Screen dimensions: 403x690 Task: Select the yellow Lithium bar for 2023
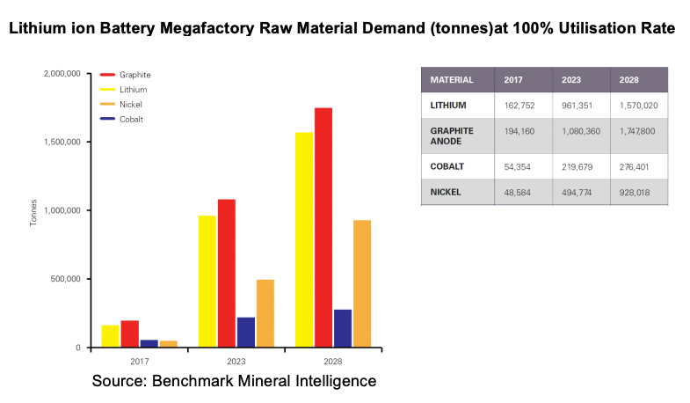coord(207,281)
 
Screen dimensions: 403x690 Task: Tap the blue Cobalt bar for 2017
coord(149,343)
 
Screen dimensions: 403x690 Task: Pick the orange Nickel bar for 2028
coord(361,283)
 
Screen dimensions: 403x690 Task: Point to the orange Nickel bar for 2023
coord(265,313)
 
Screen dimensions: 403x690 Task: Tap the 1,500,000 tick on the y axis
coord(62,142)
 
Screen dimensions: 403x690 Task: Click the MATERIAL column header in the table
coord(452,80)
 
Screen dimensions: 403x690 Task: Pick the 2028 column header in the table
coord(630,80)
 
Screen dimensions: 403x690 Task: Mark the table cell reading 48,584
coord(519,190)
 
